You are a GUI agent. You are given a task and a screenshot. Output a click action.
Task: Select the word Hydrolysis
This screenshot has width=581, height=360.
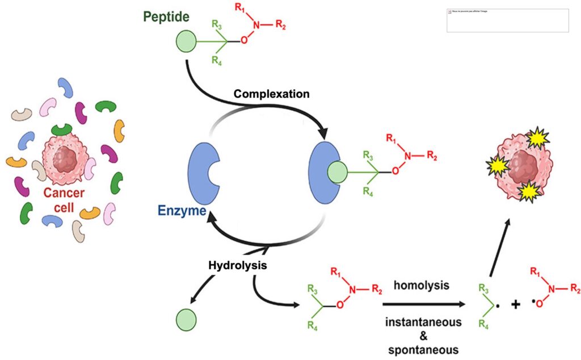click(237, 265)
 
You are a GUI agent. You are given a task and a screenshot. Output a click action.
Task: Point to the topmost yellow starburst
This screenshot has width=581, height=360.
click(537, 137)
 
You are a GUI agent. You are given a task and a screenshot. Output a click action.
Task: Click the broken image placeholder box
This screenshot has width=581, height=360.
click(507, 20)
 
